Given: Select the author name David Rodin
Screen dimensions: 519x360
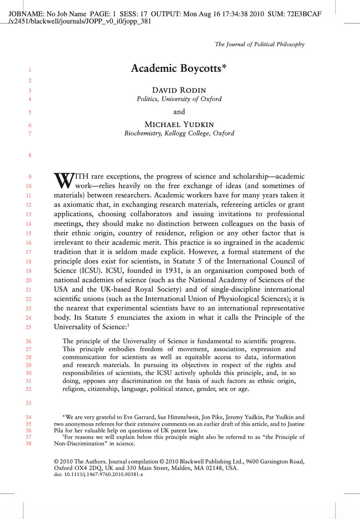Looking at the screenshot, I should tap(179, 90).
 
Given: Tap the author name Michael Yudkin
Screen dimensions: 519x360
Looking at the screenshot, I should tap(179, 125).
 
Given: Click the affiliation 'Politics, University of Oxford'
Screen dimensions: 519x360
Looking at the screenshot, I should tap(179, 99).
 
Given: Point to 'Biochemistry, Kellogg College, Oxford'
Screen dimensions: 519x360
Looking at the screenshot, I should tap(179, 133).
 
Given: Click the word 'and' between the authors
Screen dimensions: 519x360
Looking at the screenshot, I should tap(179, 112).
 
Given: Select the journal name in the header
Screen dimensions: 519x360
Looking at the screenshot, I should tap(259, 44).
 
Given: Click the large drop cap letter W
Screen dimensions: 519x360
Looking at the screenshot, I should tap(64, 180).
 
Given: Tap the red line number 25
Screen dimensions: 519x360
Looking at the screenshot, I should tap(28, 327).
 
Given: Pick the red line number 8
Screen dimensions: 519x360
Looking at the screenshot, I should tap(30, 155).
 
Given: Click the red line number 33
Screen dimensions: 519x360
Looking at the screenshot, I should tap(28, 403).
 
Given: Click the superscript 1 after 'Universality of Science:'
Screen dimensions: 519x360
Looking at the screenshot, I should tap(128, 325).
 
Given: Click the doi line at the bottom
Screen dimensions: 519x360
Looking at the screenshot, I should tap(98, 475).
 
